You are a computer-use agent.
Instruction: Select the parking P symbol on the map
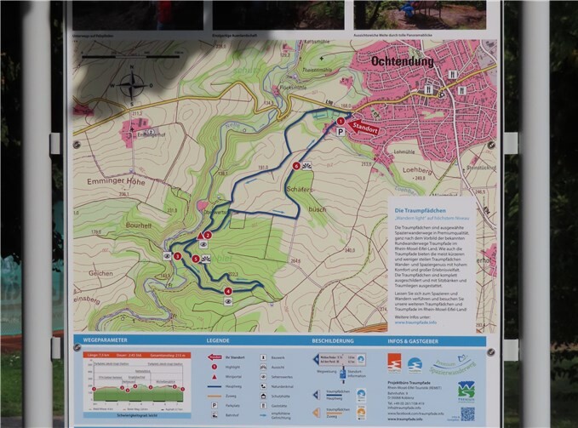pos(340,133)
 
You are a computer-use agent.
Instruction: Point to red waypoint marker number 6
pos(296,166)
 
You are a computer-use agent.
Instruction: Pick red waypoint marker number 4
pos(227,291)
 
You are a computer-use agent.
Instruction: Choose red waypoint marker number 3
pos(178,255)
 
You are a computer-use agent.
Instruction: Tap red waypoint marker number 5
pos(196,259)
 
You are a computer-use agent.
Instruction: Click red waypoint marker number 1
pos(341,122)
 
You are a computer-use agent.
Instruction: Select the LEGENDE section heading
pos(218,341)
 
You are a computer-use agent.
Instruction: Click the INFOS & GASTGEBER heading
pos(418,341)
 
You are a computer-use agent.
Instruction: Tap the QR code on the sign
pos(467,414)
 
